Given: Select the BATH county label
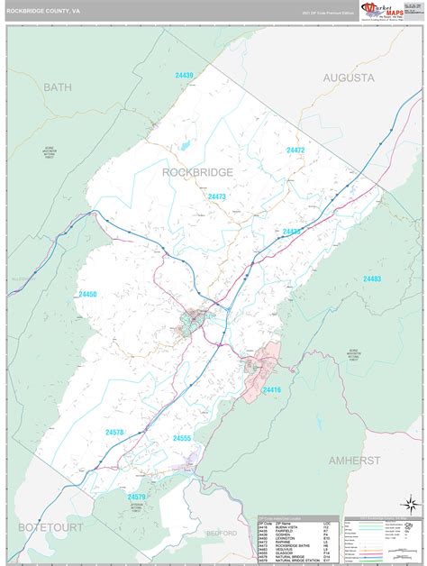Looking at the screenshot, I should [x=57, y=87].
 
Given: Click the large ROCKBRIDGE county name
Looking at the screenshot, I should [x=197, y=171].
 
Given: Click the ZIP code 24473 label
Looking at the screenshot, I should [x=217, y=196].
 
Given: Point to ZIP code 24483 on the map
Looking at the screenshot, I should [x=371, y=279].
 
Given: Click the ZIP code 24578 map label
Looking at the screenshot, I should [x=114, y=433].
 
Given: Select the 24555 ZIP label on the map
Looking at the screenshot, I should [x=182, y=438].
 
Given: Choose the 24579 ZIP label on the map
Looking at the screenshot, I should [x=136, y=497].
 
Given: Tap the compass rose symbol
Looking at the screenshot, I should [x=410, y=503].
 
